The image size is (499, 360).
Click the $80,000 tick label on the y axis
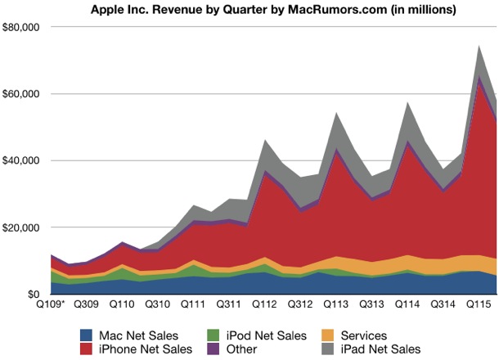[x=22, y=27]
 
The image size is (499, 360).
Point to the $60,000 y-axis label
[x=22, y=94]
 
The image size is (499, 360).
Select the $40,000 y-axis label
[x=22, y=160]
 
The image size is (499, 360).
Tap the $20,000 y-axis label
[x=22, y=227]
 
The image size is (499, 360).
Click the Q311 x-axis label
[x=228, y=304]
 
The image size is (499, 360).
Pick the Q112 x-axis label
[x=264, y=304]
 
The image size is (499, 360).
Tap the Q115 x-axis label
[x=479, y=304]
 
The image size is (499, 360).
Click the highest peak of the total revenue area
[x=479, y=46]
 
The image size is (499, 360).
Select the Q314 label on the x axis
[x=443, y=304]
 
